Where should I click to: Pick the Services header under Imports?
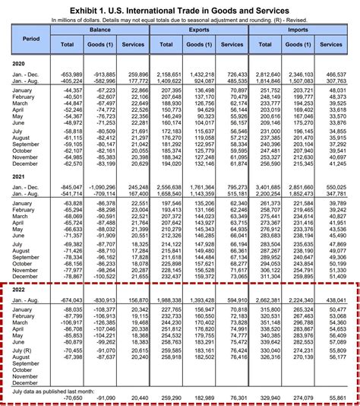point(332,46)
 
